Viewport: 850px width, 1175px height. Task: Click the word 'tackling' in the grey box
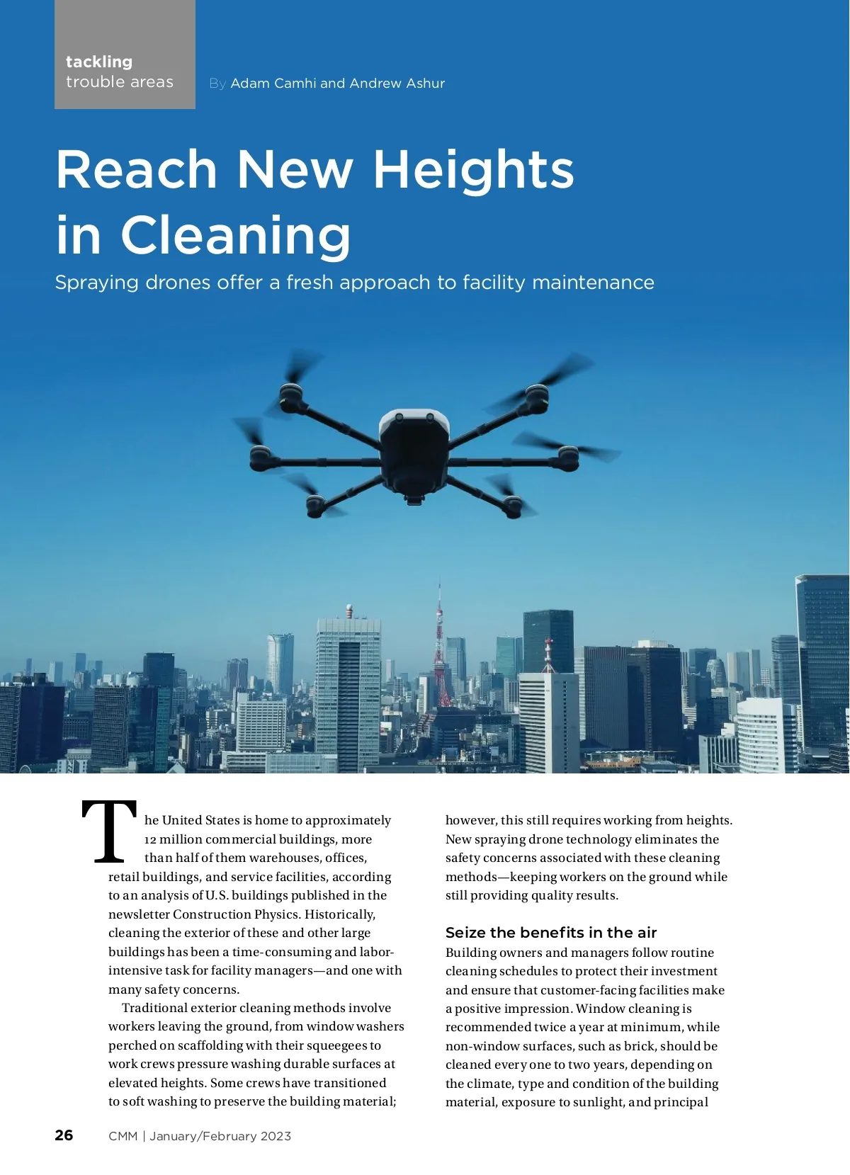tap(99, 62)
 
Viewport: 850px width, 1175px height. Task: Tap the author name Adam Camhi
tap(273, 84)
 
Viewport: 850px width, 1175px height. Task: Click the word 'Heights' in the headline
tap(473, 170)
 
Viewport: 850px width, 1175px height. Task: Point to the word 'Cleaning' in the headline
tap(236, 236)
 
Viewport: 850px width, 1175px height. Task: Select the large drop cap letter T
tap(110, 832)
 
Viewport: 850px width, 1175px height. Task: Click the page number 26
tap(64, 1135)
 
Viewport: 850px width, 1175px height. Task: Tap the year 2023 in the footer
tap(276, 1136)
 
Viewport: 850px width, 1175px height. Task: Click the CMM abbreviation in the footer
tap(123, 1136)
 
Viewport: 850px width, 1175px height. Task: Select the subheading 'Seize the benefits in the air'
tap(551, 933)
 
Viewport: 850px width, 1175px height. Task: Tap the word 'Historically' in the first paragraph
tap(342, 914)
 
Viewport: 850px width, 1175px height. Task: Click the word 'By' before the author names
tap(217, 84)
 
